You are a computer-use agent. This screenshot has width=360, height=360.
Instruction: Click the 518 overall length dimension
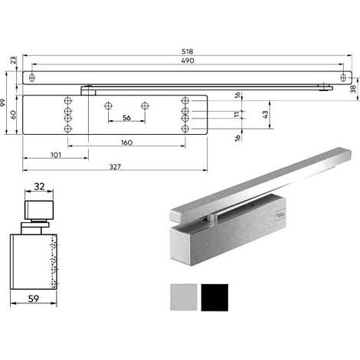pos(188,51)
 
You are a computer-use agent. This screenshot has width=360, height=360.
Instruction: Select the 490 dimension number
pos(188,61)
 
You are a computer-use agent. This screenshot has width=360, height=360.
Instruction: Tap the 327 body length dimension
pos(115,167)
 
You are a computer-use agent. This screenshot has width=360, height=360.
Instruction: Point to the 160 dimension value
pos(126,142)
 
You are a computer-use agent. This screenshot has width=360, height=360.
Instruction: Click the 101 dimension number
pos(56,155)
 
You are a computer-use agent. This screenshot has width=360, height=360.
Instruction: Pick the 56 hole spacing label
pos(126,118)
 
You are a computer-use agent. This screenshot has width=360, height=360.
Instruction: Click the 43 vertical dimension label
pos(265,114)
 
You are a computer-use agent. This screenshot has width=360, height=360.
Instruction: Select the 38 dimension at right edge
pos(353,89)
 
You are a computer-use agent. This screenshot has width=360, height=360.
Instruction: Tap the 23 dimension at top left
pos(13,61)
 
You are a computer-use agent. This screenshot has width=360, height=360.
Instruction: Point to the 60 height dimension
pos(13,115)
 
